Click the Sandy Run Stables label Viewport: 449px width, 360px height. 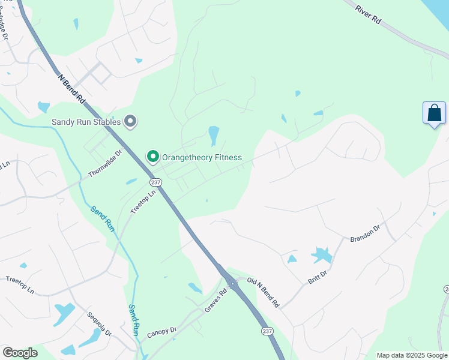[x=86, y=122]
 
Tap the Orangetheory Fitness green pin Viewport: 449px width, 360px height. [x=153, y=157]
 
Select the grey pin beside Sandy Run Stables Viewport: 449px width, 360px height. [x=131, y=122]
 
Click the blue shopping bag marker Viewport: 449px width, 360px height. [x=434, y=113]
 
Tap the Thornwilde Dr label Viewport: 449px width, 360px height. [x=106, y=162]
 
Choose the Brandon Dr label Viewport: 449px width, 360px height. [x=365, y=233]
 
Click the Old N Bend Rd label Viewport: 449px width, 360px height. [x=264, y=292]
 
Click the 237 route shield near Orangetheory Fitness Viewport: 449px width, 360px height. [x=156, y=182]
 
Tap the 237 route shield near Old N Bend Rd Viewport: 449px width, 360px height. [x=267, y=331]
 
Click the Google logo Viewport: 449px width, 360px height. [x=20, y=353]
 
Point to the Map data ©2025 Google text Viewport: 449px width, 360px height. [x=412, y=355]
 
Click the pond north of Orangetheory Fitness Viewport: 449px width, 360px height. [x=213, y=135]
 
